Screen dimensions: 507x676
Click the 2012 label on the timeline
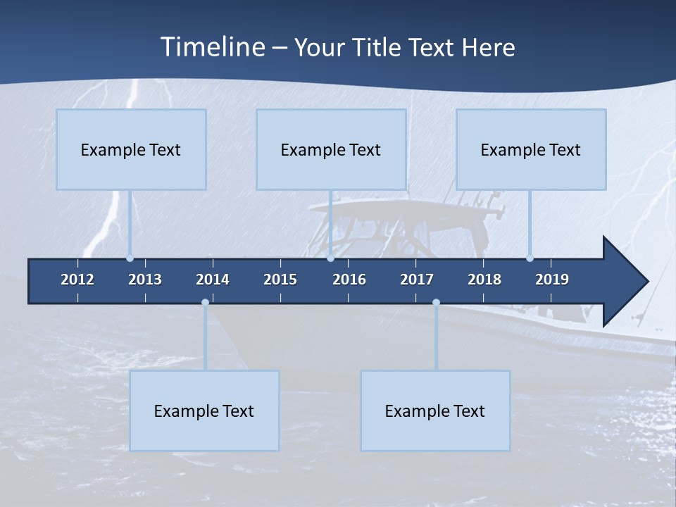point(77,280)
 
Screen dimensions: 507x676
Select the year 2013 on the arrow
point(145,280)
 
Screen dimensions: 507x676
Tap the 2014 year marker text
point(213,280)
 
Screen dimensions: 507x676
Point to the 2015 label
point(280,280)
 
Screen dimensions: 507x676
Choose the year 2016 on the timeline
point(349,280)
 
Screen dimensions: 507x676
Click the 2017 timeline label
point(417,280)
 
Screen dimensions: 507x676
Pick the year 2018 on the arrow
point(484,280)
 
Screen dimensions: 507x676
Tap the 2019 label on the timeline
point(552,280)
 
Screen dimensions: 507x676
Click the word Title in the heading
point(380,47)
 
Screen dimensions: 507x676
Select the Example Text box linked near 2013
point(131,149)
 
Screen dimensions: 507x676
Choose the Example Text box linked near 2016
point(331,149)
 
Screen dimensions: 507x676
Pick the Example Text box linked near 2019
point(531,149)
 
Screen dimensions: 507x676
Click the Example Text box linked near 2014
point(204,411)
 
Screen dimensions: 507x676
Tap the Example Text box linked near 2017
point(435,411)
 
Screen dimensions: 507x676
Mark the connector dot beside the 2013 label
point(130,258)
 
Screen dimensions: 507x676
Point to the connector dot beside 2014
point(205,302)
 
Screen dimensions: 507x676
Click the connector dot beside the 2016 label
point(330,258)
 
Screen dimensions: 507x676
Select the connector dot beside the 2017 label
point(436,302)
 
